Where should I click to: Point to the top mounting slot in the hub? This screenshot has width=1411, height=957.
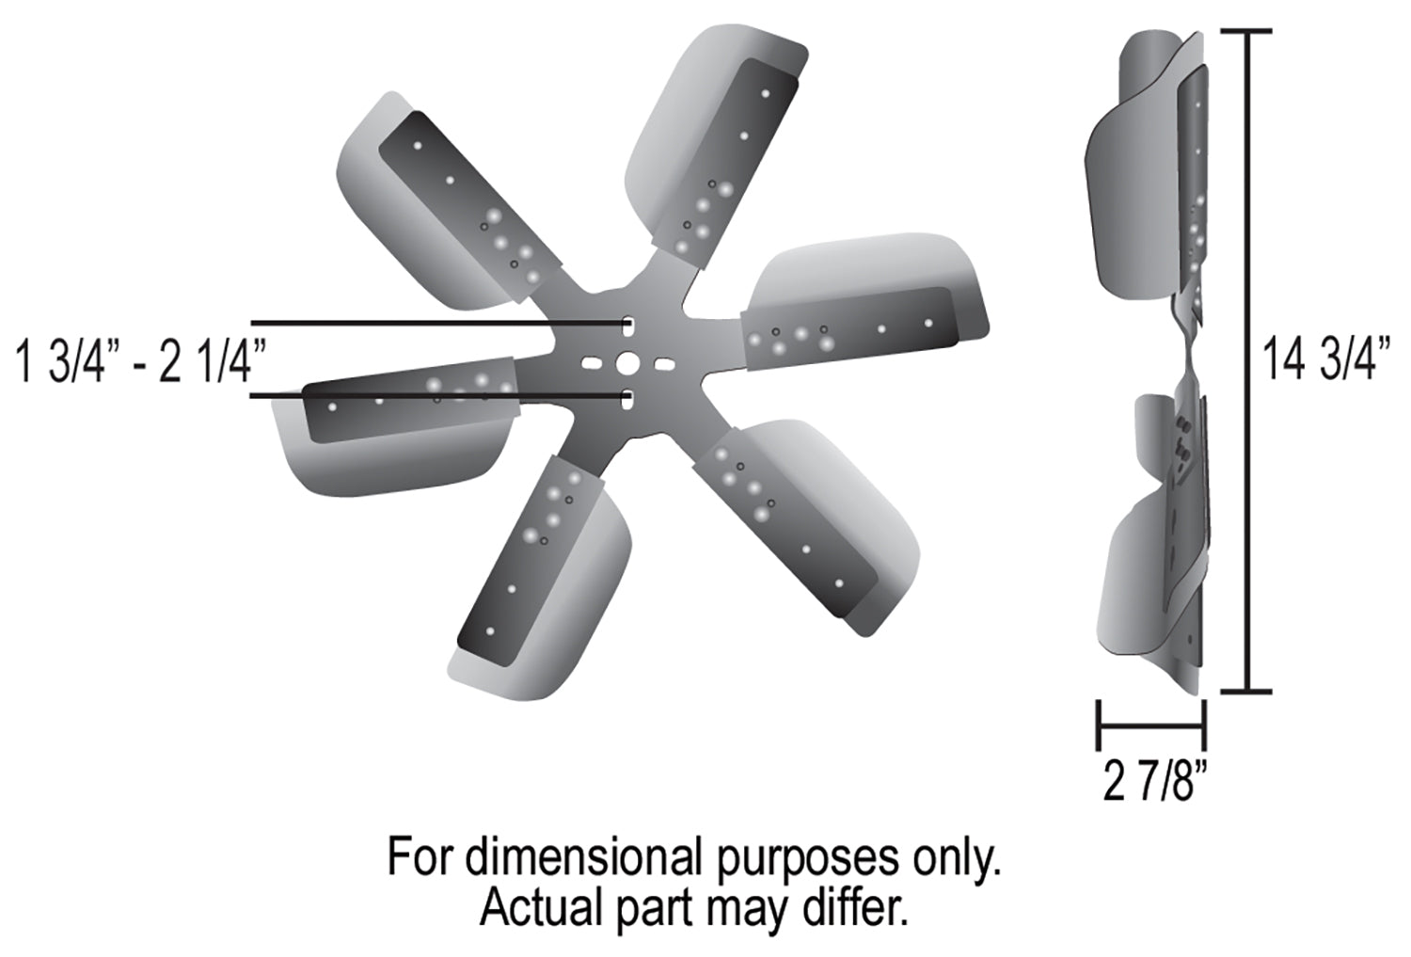coord(627,326)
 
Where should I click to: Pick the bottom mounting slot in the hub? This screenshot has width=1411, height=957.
coord(627,399)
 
